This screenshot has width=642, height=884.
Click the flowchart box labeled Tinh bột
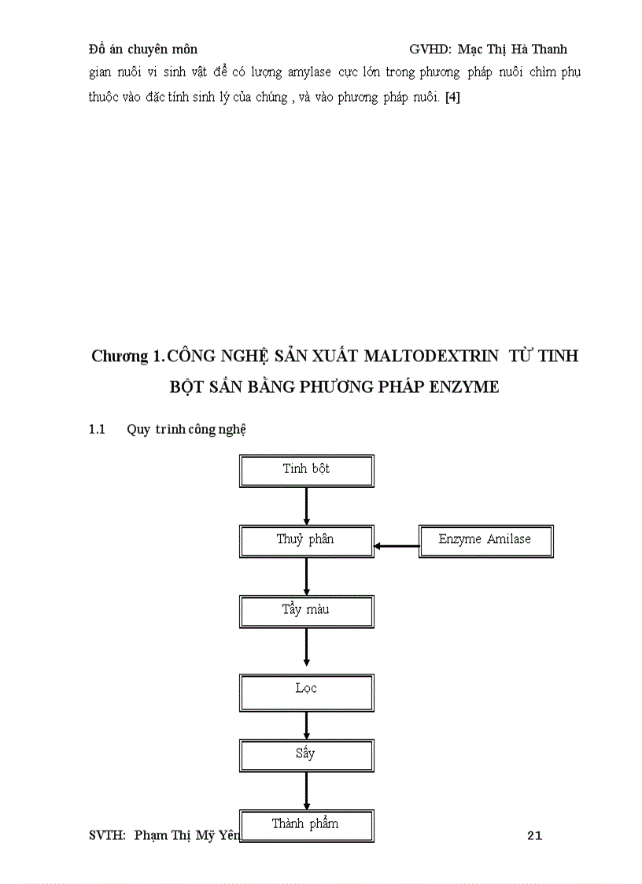(x=306, y=471)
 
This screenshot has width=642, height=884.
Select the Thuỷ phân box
(x=306, y=542)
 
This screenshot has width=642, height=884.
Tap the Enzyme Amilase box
(x=485, y=542)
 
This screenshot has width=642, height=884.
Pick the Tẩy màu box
(x=306, y=612)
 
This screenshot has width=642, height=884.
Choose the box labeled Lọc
(x=306, y=690)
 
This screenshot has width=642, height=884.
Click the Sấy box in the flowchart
(x=306, y=755)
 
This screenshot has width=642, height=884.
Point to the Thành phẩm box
(x=306, y=826)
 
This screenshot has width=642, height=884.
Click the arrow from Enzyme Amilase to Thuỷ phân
(x=397, y=545)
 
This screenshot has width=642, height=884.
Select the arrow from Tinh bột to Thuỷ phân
(x=306, y=506)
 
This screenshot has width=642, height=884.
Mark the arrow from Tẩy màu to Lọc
(x=306, y=647)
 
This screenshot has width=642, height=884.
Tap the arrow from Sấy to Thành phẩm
(x=306, y=790)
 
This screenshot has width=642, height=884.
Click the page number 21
(x=534, y=836)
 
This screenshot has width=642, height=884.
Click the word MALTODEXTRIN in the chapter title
(x=430, y=356)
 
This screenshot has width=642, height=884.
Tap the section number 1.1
(x=97, y=430)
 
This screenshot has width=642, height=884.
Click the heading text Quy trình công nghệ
(x=186, y=430)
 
